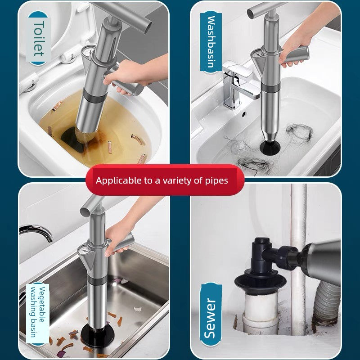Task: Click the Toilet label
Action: click(38, 38)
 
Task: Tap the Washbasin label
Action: click(211, 42)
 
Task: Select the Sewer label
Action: click(211, 318)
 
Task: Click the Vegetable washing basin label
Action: click(37, 312)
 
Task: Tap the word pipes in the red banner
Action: click(216, 181)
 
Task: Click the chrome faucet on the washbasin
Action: click(237, 83)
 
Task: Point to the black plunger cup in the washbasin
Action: click(270, 147)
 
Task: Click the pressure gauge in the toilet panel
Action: click(87, 53)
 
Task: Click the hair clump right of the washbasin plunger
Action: click(299, 132)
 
